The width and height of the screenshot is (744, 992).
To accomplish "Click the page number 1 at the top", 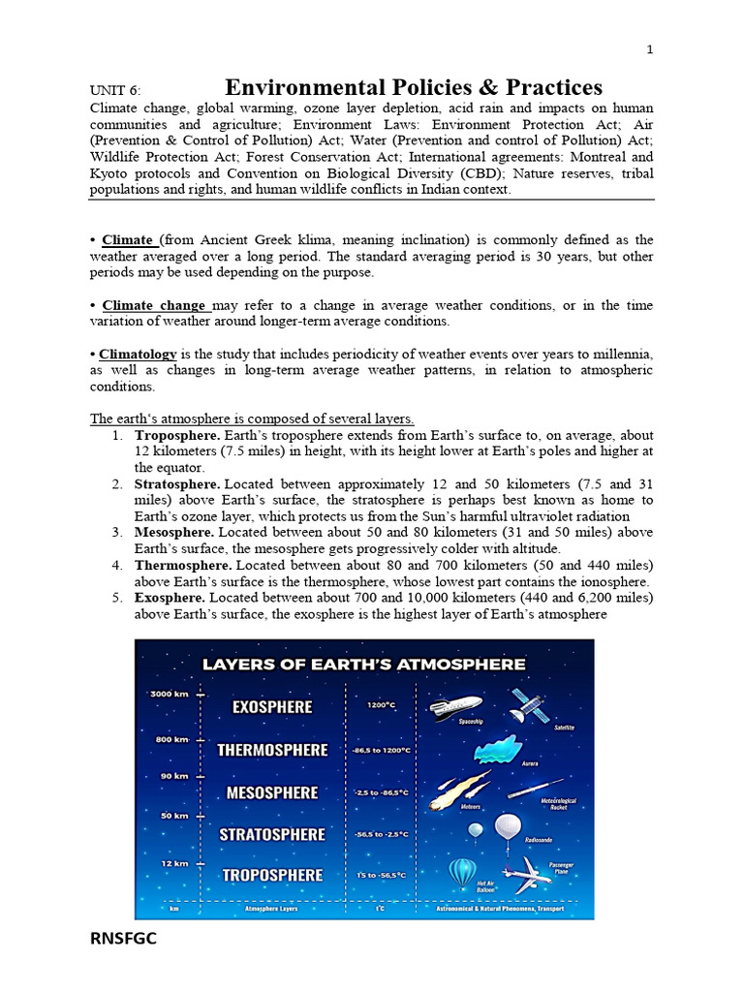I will pyautogui.click(x=651, y=50).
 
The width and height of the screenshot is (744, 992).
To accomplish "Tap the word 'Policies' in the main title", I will pyautogui.click(x=430, y=88).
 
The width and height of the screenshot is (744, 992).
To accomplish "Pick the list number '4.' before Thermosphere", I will pyautogui.click(x=116, y=565).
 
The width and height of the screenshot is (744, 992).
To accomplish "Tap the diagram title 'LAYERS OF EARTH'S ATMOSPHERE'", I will pyautogui.click(x=363, y=665).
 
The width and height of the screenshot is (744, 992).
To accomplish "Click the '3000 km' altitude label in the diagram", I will pyautogui.click(x=167, y=695).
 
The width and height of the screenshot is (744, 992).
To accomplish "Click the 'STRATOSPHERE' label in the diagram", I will pyautogui.click(x=272, y=834).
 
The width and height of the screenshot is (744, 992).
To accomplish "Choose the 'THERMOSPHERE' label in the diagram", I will pyautogui.click(x=272, y=750).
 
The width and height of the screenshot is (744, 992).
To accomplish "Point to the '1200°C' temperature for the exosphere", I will pyautogui.click(x=381, y=705).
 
